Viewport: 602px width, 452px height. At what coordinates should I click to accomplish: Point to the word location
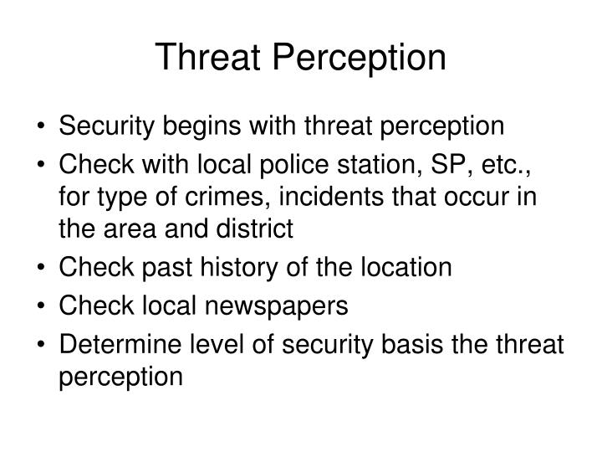(x=406, y=268)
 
